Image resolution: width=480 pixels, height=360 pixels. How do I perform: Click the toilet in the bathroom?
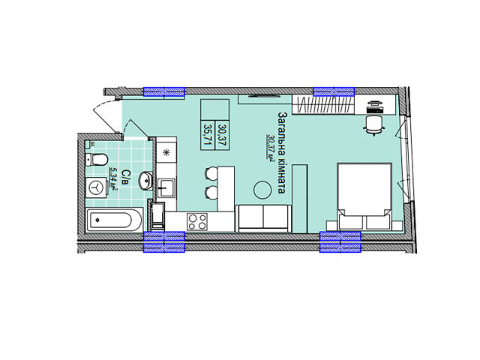pos(97,160)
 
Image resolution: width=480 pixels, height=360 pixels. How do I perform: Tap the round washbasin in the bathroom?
pos(146,181)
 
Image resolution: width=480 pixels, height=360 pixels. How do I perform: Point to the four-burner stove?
pos(197,222)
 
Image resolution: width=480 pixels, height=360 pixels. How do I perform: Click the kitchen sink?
pos(166,188)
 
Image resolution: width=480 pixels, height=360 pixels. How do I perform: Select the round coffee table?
pos(262,190)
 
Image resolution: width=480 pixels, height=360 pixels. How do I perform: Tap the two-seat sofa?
pos(262,218)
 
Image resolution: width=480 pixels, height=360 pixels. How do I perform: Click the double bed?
pos(364,196)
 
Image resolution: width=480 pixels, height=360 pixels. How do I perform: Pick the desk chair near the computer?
pos(374,125)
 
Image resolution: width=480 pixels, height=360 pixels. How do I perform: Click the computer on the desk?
pos(375,107)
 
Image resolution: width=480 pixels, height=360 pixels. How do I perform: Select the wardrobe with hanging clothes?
pos(323,105)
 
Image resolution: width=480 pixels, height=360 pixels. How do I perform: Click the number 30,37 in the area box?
pos(223,135)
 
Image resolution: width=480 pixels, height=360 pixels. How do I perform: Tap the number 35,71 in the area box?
pos(209,135)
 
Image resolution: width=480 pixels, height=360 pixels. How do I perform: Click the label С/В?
pos(126,177)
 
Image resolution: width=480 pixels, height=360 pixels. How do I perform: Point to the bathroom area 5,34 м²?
pos(115,178)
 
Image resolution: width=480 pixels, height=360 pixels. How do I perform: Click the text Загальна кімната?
pos(282,152)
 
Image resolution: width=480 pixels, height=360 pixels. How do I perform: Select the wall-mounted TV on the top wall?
pos(264,96)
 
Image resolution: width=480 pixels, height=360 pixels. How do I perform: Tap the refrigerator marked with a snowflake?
pos(166,152)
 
